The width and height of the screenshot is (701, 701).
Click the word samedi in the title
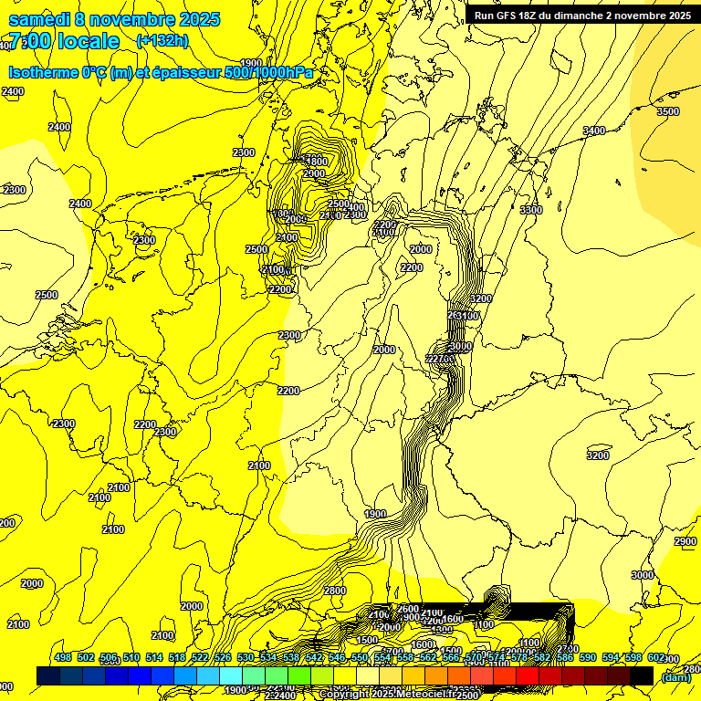42,19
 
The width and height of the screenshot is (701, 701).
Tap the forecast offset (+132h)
162,40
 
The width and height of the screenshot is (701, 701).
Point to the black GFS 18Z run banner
581,15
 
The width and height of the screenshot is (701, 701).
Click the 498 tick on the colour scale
63,657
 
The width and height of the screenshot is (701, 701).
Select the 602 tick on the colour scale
656,657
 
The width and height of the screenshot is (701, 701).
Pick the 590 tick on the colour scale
588,657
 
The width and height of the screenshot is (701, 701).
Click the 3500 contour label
668,111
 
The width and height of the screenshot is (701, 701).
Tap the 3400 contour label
593,131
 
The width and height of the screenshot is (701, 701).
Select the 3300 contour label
530,210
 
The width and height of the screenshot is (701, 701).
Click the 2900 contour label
685,541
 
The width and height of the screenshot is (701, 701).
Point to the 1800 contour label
316,162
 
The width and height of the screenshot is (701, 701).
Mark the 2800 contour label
335,591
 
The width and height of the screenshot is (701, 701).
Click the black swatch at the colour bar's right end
642,675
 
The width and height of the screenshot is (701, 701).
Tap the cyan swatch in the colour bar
231,675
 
